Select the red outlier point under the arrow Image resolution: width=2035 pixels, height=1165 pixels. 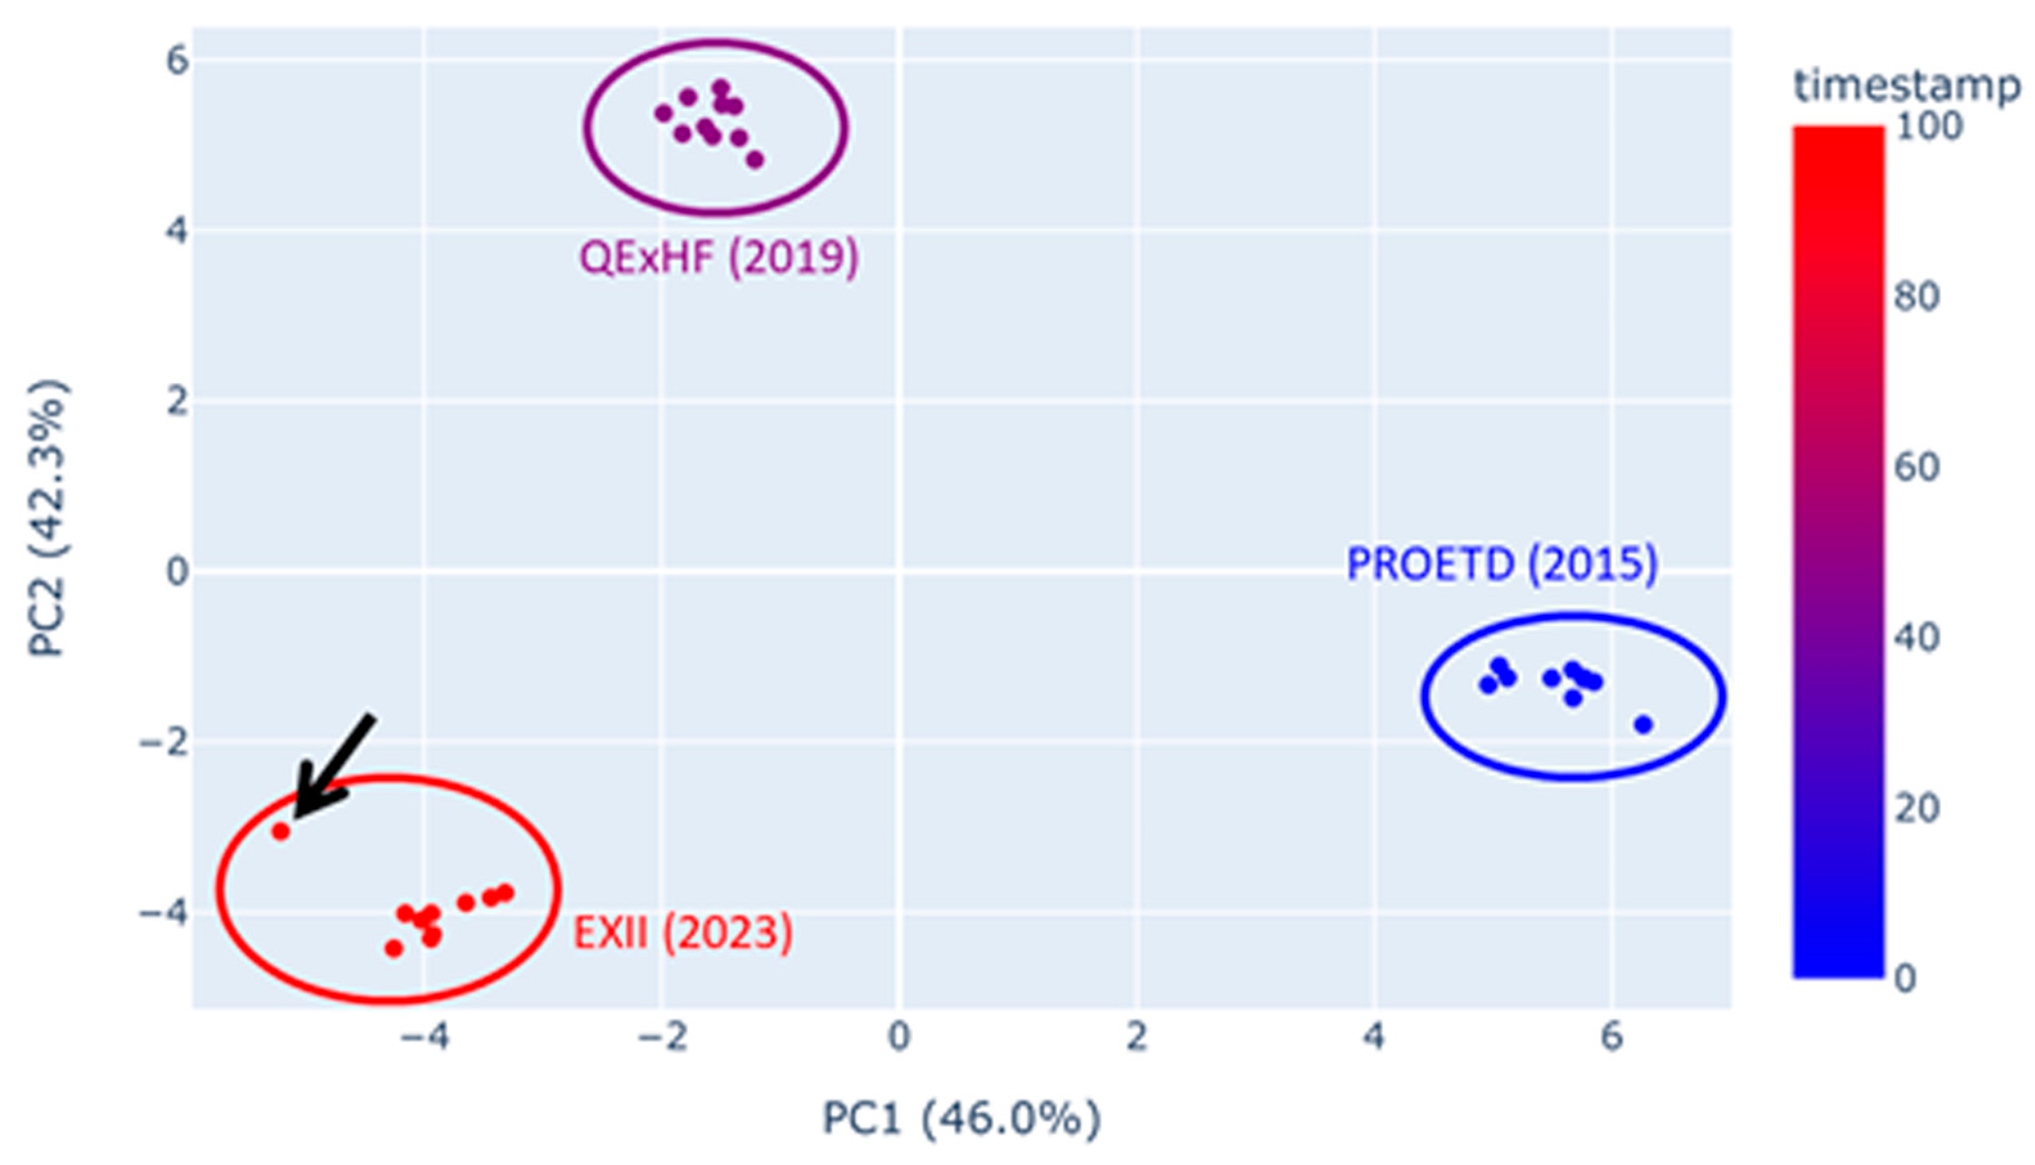click(x=281, y=831)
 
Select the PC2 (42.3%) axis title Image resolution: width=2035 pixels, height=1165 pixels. click(x=48, y=518)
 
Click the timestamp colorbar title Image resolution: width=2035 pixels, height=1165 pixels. click(x=1908, y=87)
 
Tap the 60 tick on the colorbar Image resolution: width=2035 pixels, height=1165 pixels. click(x=1917, y=468)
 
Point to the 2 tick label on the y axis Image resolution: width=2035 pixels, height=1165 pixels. click(x=177, y=401)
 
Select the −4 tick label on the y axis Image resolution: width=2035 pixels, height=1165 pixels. click(x=164, y=912)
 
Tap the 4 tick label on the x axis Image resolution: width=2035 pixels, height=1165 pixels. click(x=1374, y=1037)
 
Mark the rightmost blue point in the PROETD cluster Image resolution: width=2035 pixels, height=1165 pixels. click(x=1644, y=725)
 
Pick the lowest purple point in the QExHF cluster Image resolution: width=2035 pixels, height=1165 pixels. click(x=755, y=160)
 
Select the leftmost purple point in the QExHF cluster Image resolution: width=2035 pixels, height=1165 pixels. click(x=664, y=114)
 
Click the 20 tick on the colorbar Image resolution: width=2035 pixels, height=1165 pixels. click(x=1917, y=808)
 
